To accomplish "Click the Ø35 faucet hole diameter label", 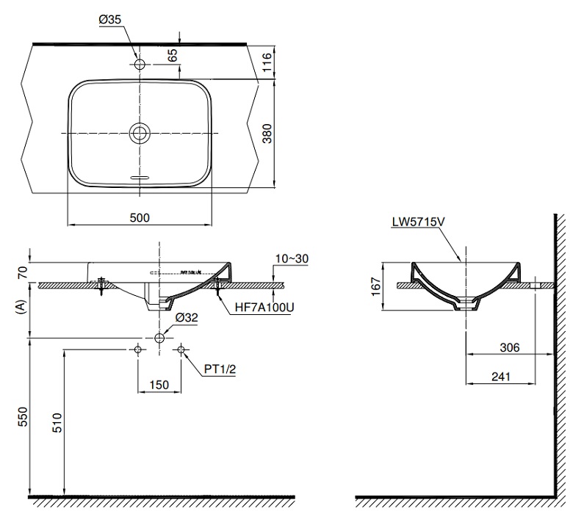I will point(110,21).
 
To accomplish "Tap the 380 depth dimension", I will point(267,132).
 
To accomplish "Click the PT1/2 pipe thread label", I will point(219,371).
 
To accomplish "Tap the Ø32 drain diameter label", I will point(187,318).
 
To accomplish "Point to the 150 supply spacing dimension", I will point(159,384).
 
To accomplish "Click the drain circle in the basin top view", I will point(140,133).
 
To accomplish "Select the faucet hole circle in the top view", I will point(140,63).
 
